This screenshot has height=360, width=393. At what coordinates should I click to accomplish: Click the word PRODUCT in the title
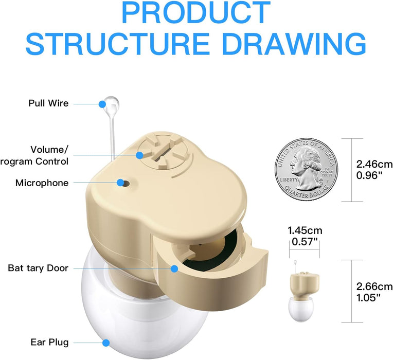196,12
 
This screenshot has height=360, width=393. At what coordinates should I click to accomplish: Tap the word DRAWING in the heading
294,44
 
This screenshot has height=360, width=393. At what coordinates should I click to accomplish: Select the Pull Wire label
48,103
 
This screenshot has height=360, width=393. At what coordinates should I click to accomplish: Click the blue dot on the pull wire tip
102,104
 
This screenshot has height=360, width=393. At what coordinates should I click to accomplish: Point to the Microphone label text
42,183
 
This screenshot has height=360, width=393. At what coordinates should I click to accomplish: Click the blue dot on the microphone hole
120,183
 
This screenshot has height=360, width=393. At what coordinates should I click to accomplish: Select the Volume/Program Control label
34,155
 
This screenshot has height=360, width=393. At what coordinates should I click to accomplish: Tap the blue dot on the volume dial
139,155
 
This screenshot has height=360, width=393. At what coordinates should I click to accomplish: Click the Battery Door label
38,268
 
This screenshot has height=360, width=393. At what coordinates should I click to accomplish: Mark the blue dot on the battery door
174,269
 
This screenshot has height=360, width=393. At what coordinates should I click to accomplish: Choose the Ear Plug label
49,342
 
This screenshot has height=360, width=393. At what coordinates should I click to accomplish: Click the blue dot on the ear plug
106,343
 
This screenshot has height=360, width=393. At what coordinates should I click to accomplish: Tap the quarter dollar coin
306,170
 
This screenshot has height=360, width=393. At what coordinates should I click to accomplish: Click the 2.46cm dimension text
374,165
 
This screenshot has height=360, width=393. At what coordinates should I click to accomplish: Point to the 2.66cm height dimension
374,286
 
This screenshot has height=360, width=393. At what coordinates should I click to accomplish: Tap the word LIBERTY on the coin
289,179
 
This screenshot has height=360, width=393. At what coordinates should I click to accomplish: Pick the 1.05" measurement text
368,298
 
